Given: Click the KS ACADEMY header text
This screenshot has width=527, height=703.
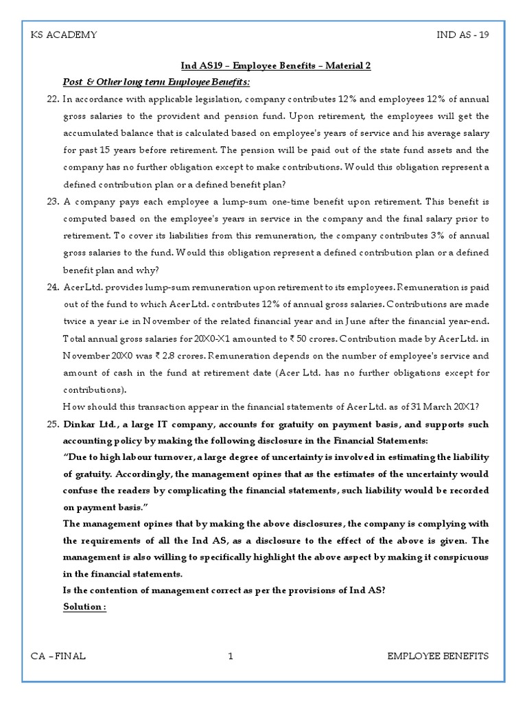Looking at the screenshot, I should click(x=64, y=35).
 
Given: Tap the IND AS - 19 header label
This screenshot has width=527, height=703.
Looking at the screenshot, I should click(x=462, y=35).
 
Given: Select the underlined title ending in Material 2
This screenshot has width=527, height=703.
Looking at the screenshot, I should click(x=275, y=66).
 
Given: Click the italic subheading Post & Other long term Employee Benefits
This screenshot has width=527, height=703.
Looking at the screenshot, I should click(x=156, y=82).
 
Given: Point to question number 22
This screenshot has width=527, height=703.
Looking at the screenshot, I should click(x=53, y=100).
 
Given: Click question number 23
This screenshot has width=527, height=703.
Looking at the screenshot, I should click(x=53, y=202).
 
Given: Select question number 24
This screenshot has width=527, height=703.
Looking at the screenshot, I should click(x=53, y=287).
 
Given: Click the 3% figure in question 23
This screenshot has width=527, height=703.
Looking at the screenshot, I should click(x=432, y=236).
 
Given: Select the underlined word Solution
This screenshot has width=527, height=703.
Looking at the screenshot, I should click(x=84, y=607).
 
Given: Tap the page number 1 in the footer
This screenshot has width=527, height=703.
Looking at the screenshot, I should click(x=231, y=656).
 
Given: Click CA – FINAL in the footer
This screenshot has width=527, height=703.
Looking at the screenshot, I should click(x=58, y=656).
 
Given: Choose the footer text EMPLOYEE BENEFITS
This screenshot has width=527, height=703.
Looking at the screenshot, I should click(x=438, y=656).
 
